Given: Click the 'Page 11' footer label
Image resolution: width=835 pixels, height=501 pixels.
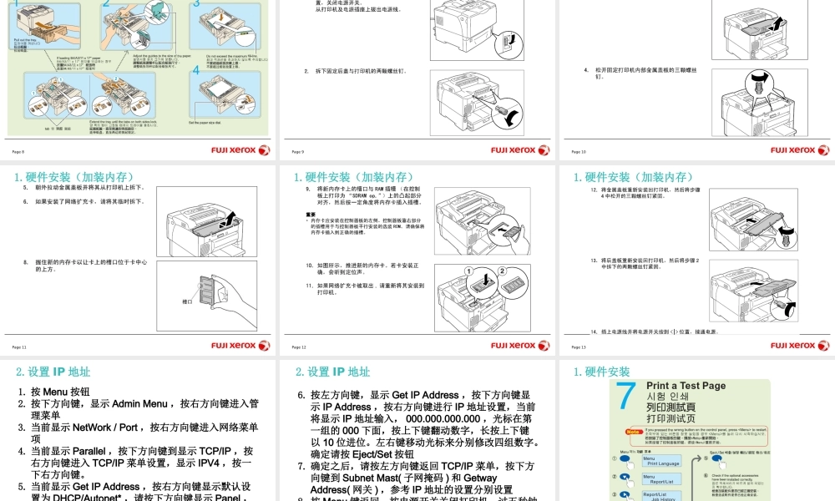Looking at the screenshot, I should pyautogui.click(x=19, y=347).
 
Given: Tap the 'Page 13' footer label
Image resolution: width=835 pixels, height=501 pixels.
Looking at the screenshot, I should pyautogui.click(x=579, y=347).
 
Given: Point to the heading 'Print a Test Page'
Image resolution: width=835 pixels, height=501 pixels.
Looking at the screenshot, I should pyautogui.click(x=686, y=386).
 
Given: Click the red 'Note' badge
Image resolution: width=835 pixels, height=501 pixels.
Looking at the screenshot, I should pyautogui.click(x=632, y=432).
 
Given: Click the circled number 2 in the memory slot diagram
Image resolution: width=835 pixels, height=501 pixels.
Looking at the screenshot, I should pyautogui.click(x=502, y=271).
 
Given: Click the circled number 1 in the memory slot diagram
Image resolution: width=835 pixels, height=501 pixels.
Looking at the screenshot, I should pyautogui.click(x=469, y=271).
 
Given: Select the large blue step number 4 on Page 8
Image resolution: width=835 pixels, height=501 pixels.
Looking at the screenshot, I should pyautogui.click(x=196, y=71).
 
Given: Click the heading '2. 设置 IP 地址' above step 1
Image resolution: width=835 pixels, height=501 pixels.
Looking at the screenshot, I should pyautogui.click(x=53, y=372).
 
